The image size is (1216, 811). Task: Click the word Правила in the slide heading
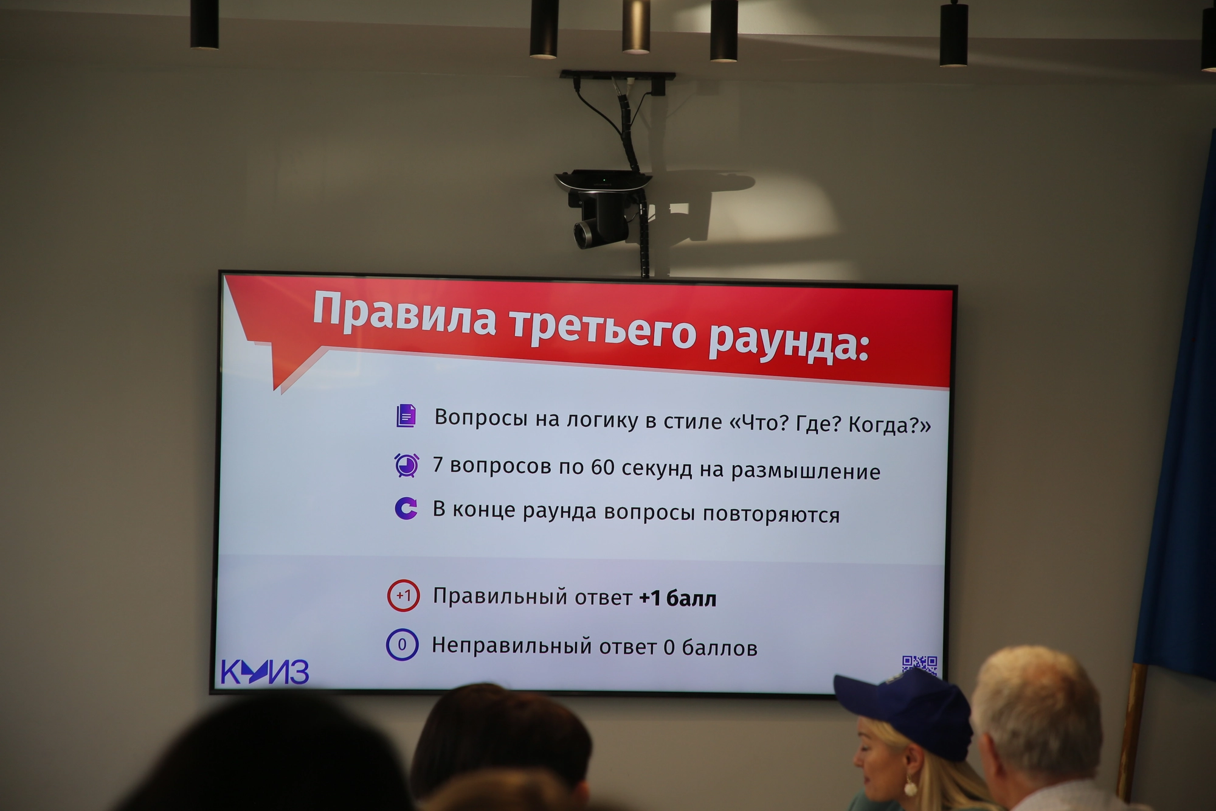click(x=404, y=315)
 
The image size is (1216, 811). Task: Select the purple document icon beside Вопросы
click(x=406, y=416)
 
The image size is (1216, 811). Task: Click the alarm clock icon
click(x=407, y=465)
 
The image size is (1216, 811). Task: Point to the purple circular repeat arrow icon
click(x=406, y=508)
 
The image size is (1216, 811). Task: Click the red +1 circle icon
click(x=403, y=595)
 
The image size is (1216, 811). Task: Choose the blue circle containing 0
click(x=402, y=644)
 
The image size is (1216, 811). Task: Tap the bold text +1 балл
click(x=678, y=599)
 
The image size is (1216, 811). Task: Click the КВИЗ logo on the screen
click(x=264, y=672)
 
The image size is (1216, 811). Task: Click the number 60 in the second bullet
click(x=603, y=467)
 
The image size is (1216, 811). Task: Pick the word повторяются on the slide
click(x=772, y=515)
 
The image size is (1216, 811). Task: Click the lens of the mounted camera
click(x=585, y=234)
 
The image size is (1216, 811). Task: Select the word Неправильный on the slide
click(x=512, y=646)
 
